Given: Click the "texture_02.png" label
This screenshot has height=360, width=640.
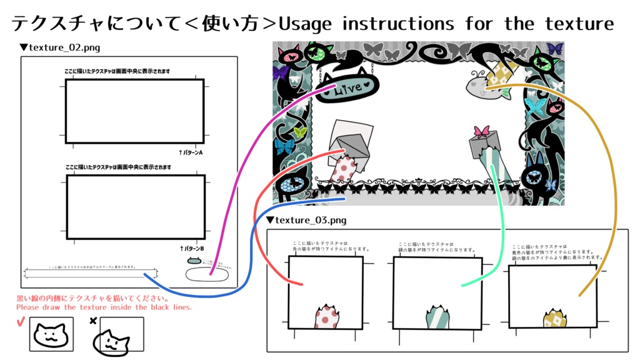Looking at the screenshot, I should (62, 47).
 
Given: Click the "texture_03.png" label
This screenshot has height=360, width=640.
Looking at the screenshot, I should (309, 220).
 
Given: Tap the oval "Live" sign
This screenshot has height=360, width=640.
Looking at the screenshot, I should (347, 89).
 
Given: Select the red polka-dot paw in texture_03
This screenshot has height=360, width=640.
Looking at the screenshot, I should (325, 316).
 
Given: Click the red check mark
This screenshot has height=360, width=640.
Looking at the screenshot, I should (20, 322).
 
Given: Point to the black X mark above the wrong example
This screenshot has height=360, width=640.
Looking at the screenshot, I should (93, 321).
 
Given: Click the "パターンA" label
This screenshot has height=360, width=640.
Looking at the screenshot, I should (191, 152).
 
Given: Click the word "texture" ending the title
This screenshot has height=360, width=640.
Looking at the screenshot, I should (579, 24).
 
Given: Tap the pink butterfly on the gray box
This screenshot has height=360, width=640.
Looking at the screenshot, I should (481, 131).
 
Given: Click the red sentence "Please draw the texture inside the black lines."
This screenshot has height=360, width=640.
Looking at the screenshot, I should (104, 307).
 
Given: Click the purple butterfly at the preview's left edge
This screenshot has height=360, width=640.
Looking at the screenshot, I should (279, 72).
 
